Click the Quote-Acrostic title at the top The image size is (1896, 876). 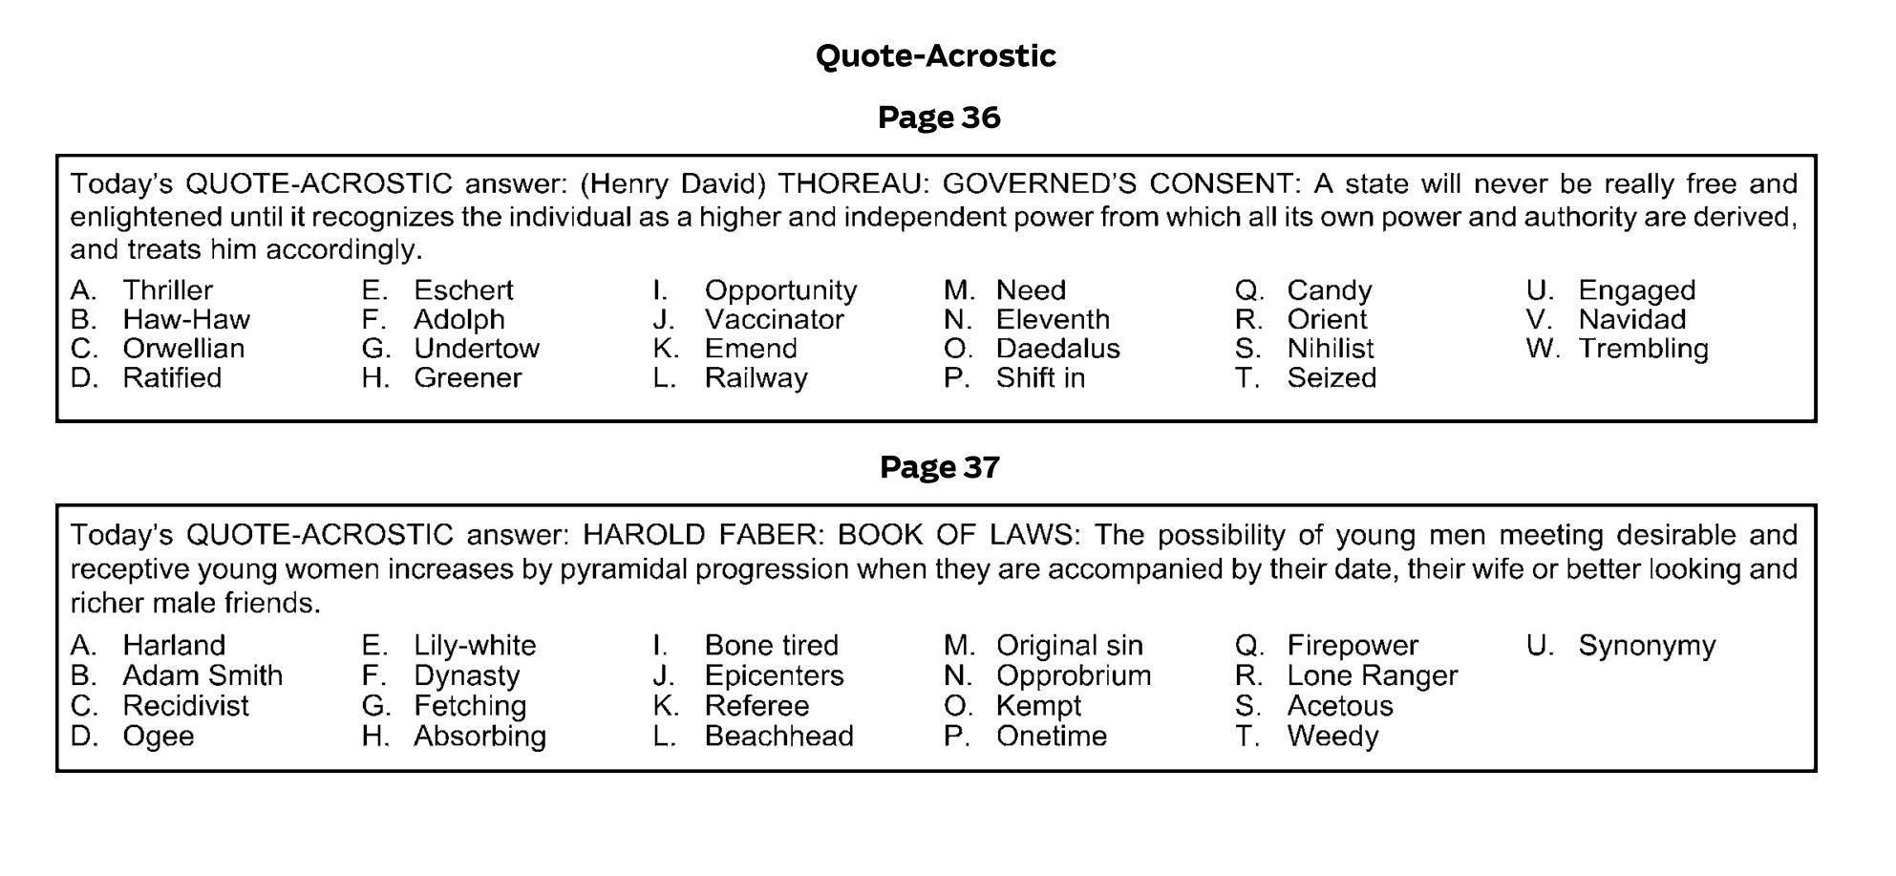coord(935,56)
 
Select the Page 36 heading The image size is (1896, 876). coord(939,118)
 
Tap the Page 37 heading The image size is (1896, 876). coord(939,467)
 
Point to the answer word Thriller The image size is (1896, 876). coord(167,290)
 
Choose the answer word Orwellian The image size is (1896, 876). coord(183,349)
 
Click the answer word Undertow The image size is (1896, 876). coord(476,349)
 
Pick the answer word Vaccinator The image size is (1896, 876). coord(774,320)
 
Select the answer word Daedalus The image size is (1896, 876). coord(1057,349)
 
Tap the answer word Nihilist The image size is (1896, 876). coord(1330,349)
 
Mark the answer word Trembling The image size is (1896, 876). coord(1643,349)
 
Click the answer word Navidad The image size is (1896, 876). coord(1631,320)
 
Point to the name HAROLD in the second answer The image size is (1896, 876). coord(645,534)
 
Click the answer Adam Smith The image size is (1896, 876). coord(202,676)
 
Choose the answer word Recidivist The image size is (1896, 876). coord(185,707)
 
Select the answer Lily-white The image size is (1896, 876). coord(475,646)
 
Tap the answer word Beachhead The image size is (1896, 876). coord(778,737)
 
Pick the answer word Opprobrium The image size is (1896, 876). coord(1073,676)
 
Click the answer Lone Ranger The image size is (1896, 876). coord(1372,676)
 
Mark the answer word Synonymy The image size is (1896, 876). coord(1646,646)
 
